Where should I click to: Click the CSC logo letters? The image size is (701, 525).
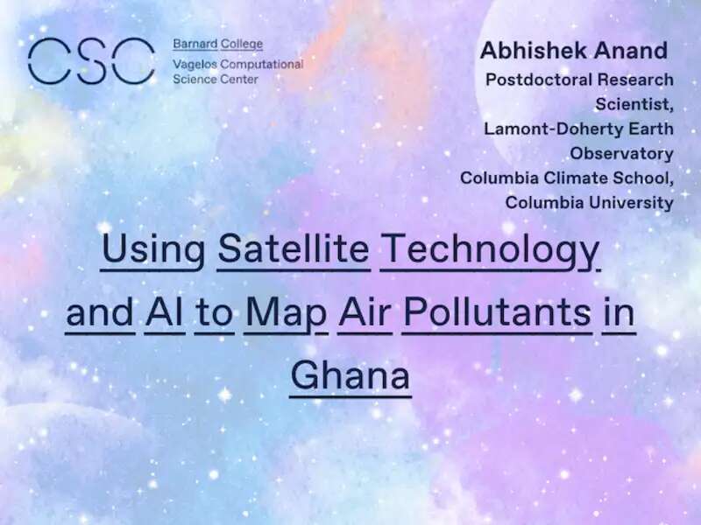91,60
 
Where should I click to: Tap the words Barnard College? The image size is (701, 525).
217,45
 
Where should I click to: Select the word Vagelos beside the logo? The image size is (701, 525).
195,65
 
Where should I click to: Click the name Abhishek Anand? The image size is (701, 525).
574,50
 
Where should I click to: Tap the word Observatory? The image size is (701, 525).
621,154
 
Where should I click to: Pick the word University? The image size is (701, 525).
631,203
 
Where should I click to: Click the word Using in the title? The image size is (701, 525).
152,250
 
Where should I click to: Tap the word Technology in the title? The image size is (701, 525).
491,251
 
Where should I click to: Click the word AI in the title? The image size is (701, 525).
165,311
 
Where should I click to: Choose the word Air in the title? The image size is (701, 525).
365,311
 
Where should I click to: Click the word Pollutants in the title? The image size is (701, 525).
497,311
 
